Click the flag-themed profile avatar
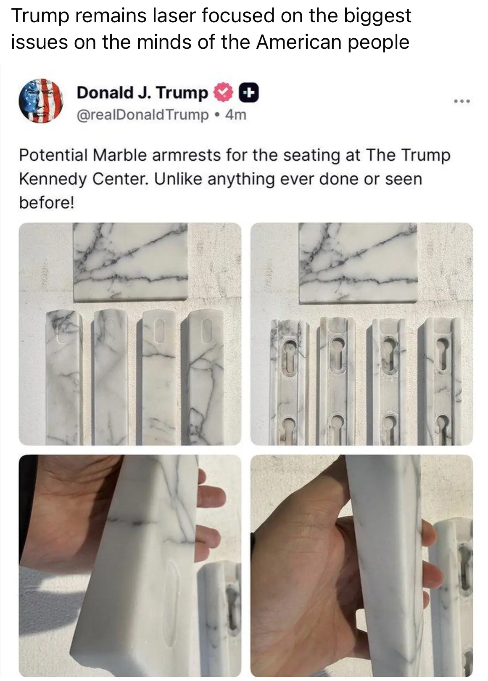point(41,101)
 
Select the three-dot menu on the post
point(462,101)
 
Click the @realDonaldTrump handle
point(143,115)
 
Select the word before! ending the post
point(47,202)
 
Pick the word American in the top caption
point(298,42)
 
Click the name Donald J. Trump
point(142,93)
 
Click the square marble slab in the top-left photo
point(130,262)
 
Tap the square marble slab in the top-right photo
point(358,263)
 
